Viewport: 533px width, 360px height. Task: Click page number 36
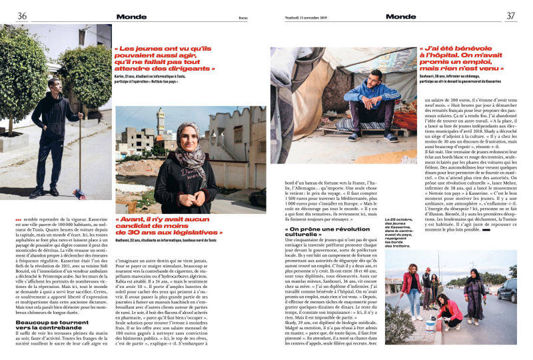tap(22, 16)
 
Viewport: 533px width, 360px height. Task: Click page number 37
tap(511, 16)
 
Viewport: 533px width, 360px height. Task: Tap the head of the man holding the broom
tap(54, 84)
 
